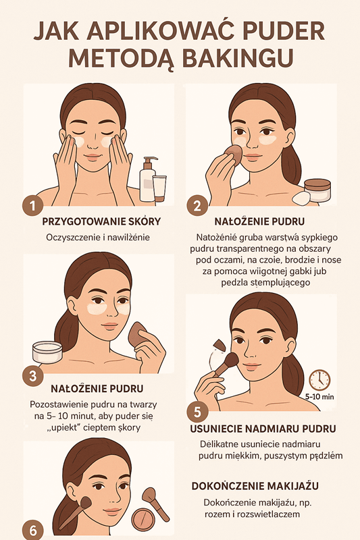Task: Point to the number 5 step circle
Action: click(x=197, y=410)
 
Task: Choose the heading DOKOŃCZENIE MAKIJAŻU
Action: click(x=255, y=485)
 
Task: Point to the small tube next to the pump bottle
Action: click(x=161, y=187)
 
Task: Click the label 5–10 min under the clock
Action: click(x=320, y=398)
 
